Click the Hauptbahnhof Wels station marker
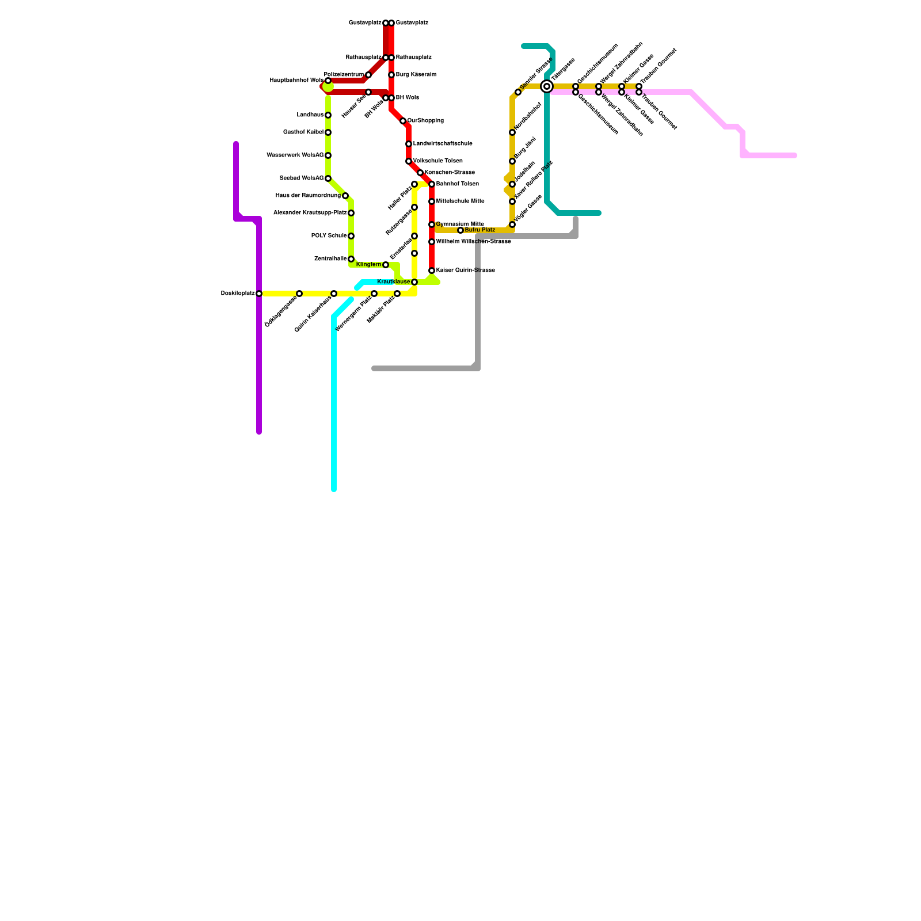328,81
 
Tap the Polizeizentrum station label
344,75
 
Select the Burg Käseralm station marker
391,75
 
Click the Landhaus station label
310,115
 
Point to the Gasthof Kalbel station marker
328,132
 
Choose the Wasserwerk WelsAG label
295,155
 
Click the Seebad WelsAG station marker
328,178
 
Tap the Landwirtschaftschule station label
443,144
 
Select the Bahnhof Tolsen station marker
432,184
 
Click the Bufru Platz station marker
461,230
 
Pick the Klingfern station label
368,265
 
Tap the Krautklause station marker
414,282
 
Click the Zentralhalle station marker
351,259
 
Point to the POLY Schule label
329,236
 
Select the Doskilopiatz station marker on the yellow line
259,294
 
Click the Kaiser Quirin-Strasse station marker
432,271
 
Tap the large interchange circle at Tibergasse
547,86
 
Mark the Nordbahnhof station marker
512,132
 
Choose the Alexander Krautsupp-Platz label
310,213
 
